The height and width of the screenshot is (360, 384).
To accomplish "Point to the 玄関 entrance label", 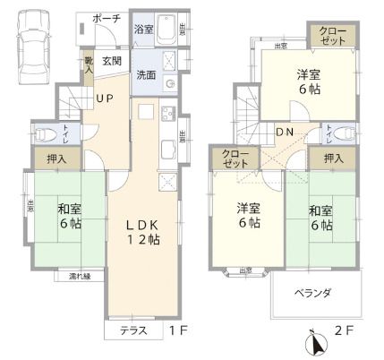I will [x=112, y=61].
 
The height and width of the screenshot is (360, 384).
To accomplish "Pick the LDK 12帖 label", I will [x=142, y=232].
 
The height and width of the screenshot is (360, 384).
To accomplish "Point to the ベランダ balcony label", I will [x=314, y=292].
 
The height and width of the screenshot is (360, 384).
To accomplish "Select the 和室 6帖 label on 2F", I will [x=322, y=215].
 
